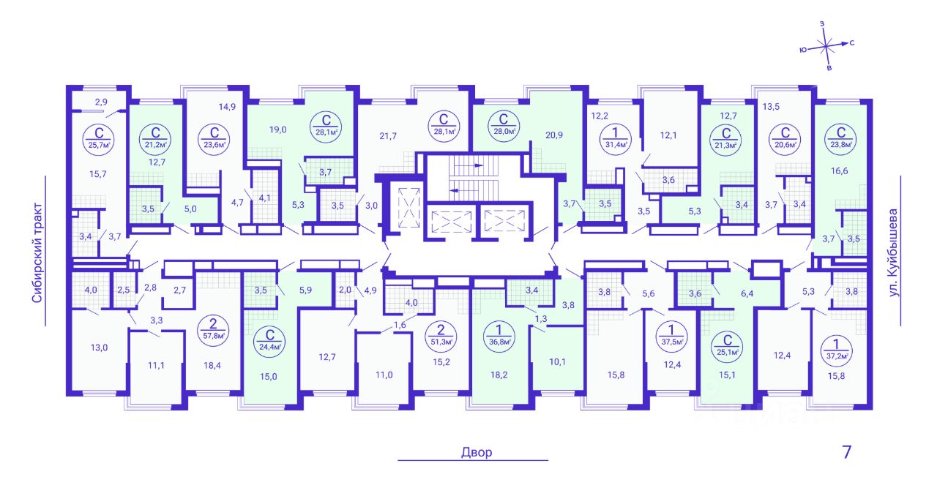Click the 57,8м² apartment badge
click(213, 329)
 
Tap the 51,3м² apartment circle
click(441, 335)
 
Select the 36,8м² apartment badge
click(499, 335)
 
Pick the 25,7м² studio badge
click(99, 139)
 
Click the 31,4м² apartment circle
click(616, 139)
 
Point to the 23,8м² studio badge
click(841, 139)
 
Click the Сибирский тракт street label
click(37, 252)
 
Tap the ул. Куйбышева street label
click(894, 252)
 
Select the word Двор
click(477, 452)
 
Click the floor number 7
click(847, 452)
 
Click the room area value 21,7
click(388, 136)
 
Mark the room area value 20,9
click(554, 135)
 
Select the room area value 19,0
click(277, 129)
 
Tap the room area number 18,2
click(499, 375)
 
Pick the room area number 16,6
click(840, 170)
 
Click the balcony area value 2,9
click(101, 102)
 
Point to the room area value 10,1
click(557, 361)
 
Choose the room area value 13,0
click(99, 348)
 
